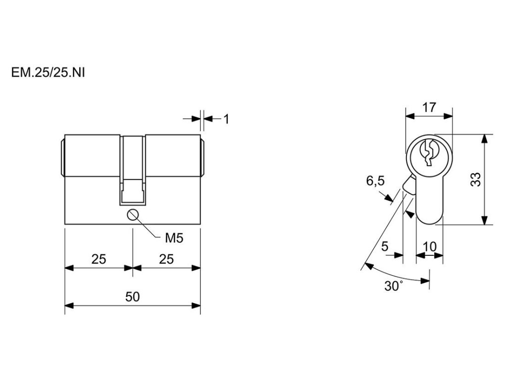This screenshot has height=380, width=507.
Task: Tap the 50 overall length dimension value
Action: click(x=132, y=297)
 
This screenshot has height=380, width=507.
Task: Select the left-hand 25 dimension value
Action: click(x=99, y=259)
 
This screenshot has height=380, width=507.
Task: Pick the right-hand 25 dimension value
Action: click(x=167, y=259)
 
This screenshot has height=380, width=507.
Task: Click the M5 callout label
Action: click(x=174, y=238)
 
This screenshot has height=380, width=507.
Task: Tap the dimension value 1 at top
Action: click(x=226, y=119)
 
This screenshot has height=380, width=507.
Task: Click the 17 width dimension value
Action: click(x=429, y=107)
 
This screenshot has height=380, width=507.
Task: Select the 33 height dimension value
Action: click(x=476, y=179)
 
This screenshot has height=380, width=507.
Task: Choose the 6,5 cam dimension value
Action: click(x=375, y=181)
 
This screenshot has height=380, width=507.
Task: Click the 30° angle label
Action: click(x=394, y=285)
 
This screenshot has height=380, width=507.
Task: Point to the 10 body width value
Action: click(x=430, y=246)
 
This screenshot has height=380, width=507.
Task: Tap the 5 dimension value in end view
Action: click(x=385, y=246)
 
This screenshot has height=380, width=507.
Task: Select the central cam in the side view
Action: click(x=133, y=168)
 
